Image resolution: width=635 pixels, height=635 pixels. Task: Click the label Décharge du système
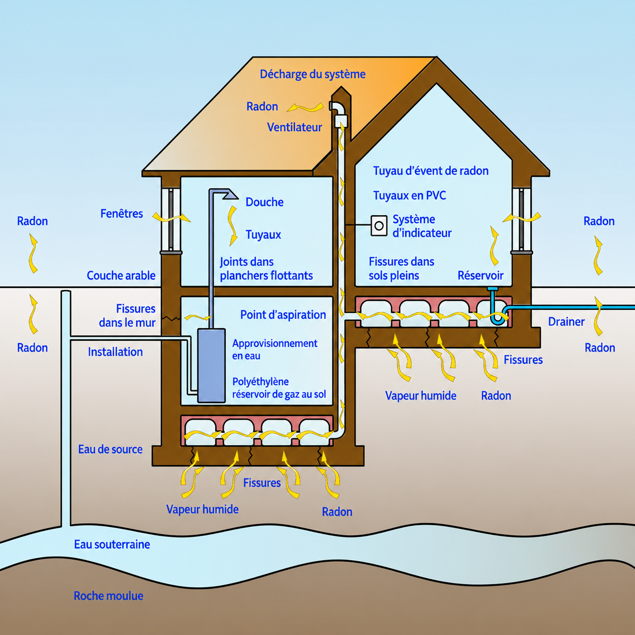[x=312, y=74]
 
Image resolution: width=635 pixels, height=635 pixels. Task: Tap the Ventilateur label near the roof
[x=294, y=127]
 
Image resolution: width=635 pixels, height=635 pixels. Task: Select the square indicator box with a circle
[x=379, y=226]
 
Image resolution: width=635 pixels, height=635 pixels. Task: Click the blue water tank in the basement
[x=211, y=365]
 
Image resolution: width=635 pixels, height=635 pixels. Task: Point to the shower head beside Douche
[x=230, y=194]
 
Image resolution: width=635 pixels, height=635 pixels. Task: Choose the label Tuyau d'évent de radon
[x=431, y=171]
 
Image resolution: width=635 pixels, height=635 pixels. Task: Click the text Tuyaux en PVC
[x=409, y=195]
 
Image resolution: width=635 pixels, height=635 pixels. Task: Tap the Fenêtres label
[x=122, y=214]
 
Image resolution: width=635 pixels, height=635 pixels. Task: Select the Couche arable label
[x=121, y=275]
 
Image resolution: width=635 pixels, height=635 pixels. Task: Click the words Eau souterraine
[x=112, y=544]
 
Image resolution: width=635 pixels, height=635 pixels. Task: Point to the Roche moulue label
[x=108, y=596]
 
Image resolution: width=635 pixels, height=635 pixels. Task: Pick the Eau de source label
[x=110, y=449]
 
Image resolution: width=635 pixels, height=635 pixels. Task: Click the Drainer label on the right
[x=566, y=322]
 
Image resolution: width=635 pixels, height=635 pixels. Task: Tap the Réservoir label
[x=481, y=275]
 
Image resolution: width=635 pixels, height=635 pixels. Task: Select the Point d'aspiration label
[x=283, y=314]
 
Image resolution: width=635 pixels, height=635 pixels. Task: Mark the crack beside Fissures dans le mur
[x=172, y=319]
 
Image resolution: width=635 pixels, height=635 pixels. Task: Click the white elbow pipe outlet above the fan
[x=336, y=107]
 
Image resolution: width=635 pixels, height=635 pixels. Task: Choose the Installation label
[x=115, y=352]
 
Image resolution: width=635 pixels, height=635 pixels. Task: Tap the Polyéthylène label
[x=260, y=382]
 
